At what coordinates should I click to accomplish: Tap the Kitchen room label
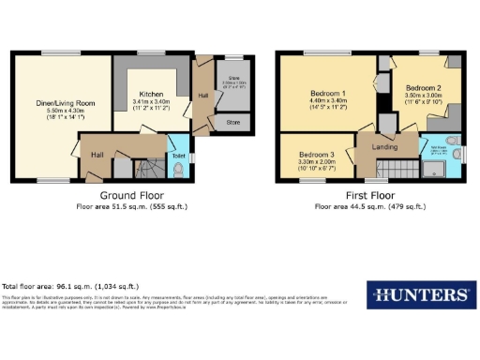coord(152,95)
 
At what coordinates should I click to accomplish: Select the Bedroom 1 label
coord(329,94)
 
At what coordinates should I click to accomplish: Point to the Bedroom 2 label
coord(419,86)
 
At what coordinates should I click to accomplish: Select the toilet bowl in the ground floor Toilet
coord(178,169)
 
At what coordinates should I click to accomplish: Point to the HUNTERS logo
coord(417,295)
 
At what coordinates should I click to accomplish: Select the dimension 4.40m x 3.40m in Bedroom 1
coord(329,102)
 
